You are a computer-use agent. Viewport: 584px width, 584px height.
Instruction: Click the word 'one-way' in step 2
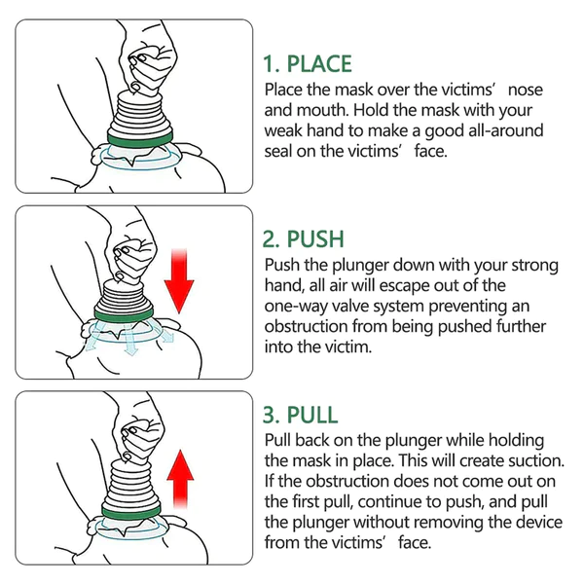(296, 306)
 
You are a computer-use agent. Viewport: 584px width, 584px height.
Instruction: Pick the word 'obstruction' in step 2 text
(310, 326)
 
